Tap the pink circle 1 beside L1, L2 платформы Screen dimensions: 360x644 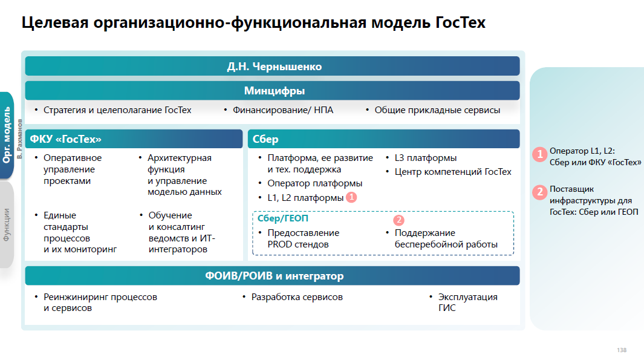351,197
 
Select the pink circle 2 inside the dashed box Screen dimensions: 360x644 398,220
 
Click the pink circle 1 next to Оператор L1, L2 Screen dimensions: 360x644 539,154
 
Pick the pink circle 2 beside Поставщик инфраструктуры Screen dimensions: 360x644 539,192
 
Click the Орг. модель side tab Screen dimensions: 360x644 7,135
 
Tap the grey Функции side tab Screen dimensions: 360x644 7,224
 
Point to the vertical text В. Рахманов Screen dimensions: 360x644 20,139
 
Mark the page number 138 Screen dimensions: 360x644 621,350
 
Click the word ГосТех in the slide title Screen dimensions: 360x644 459,23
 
